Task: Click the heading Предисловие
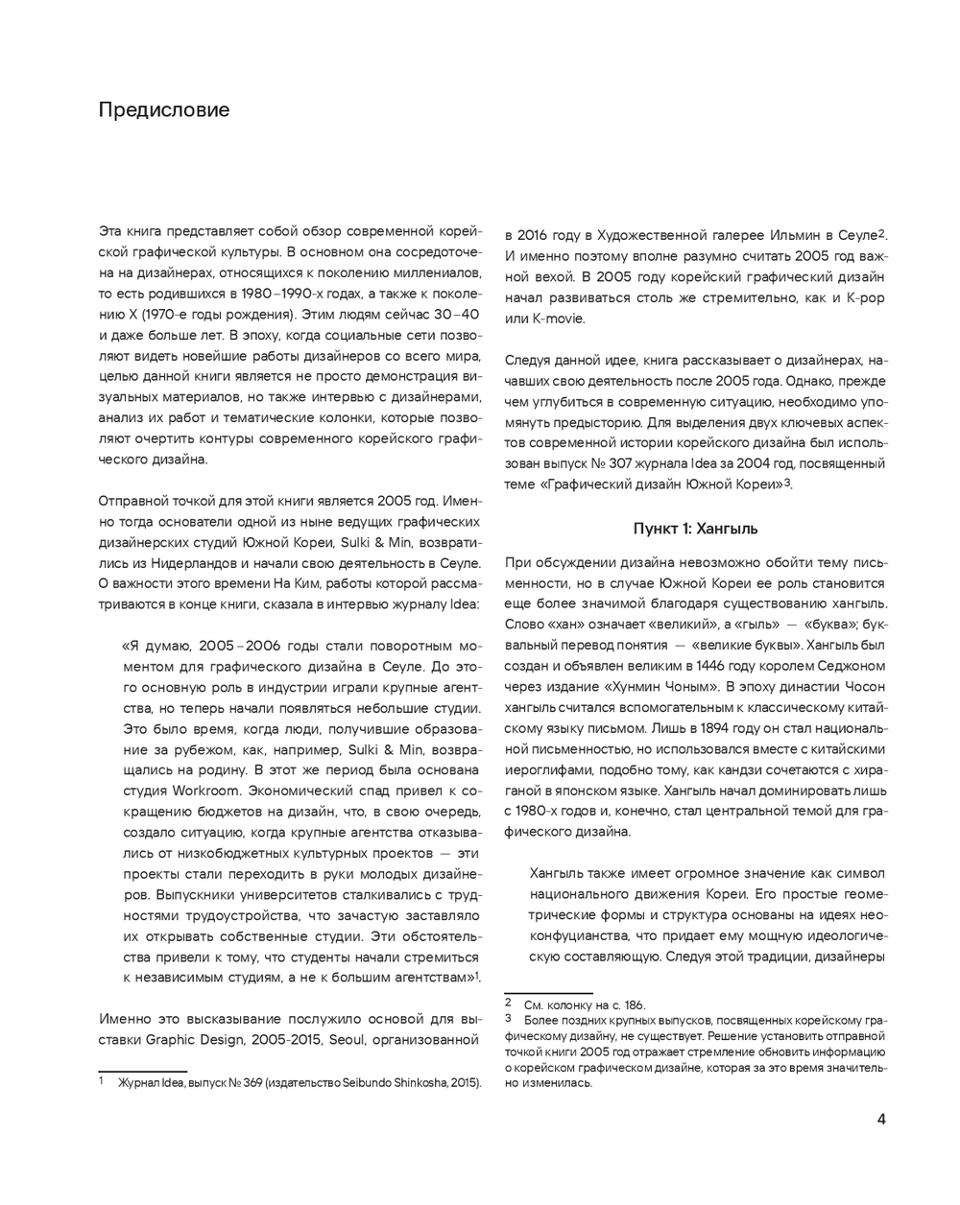(x=164, y=109)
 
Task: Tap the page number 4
(x=881, y=1118)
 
